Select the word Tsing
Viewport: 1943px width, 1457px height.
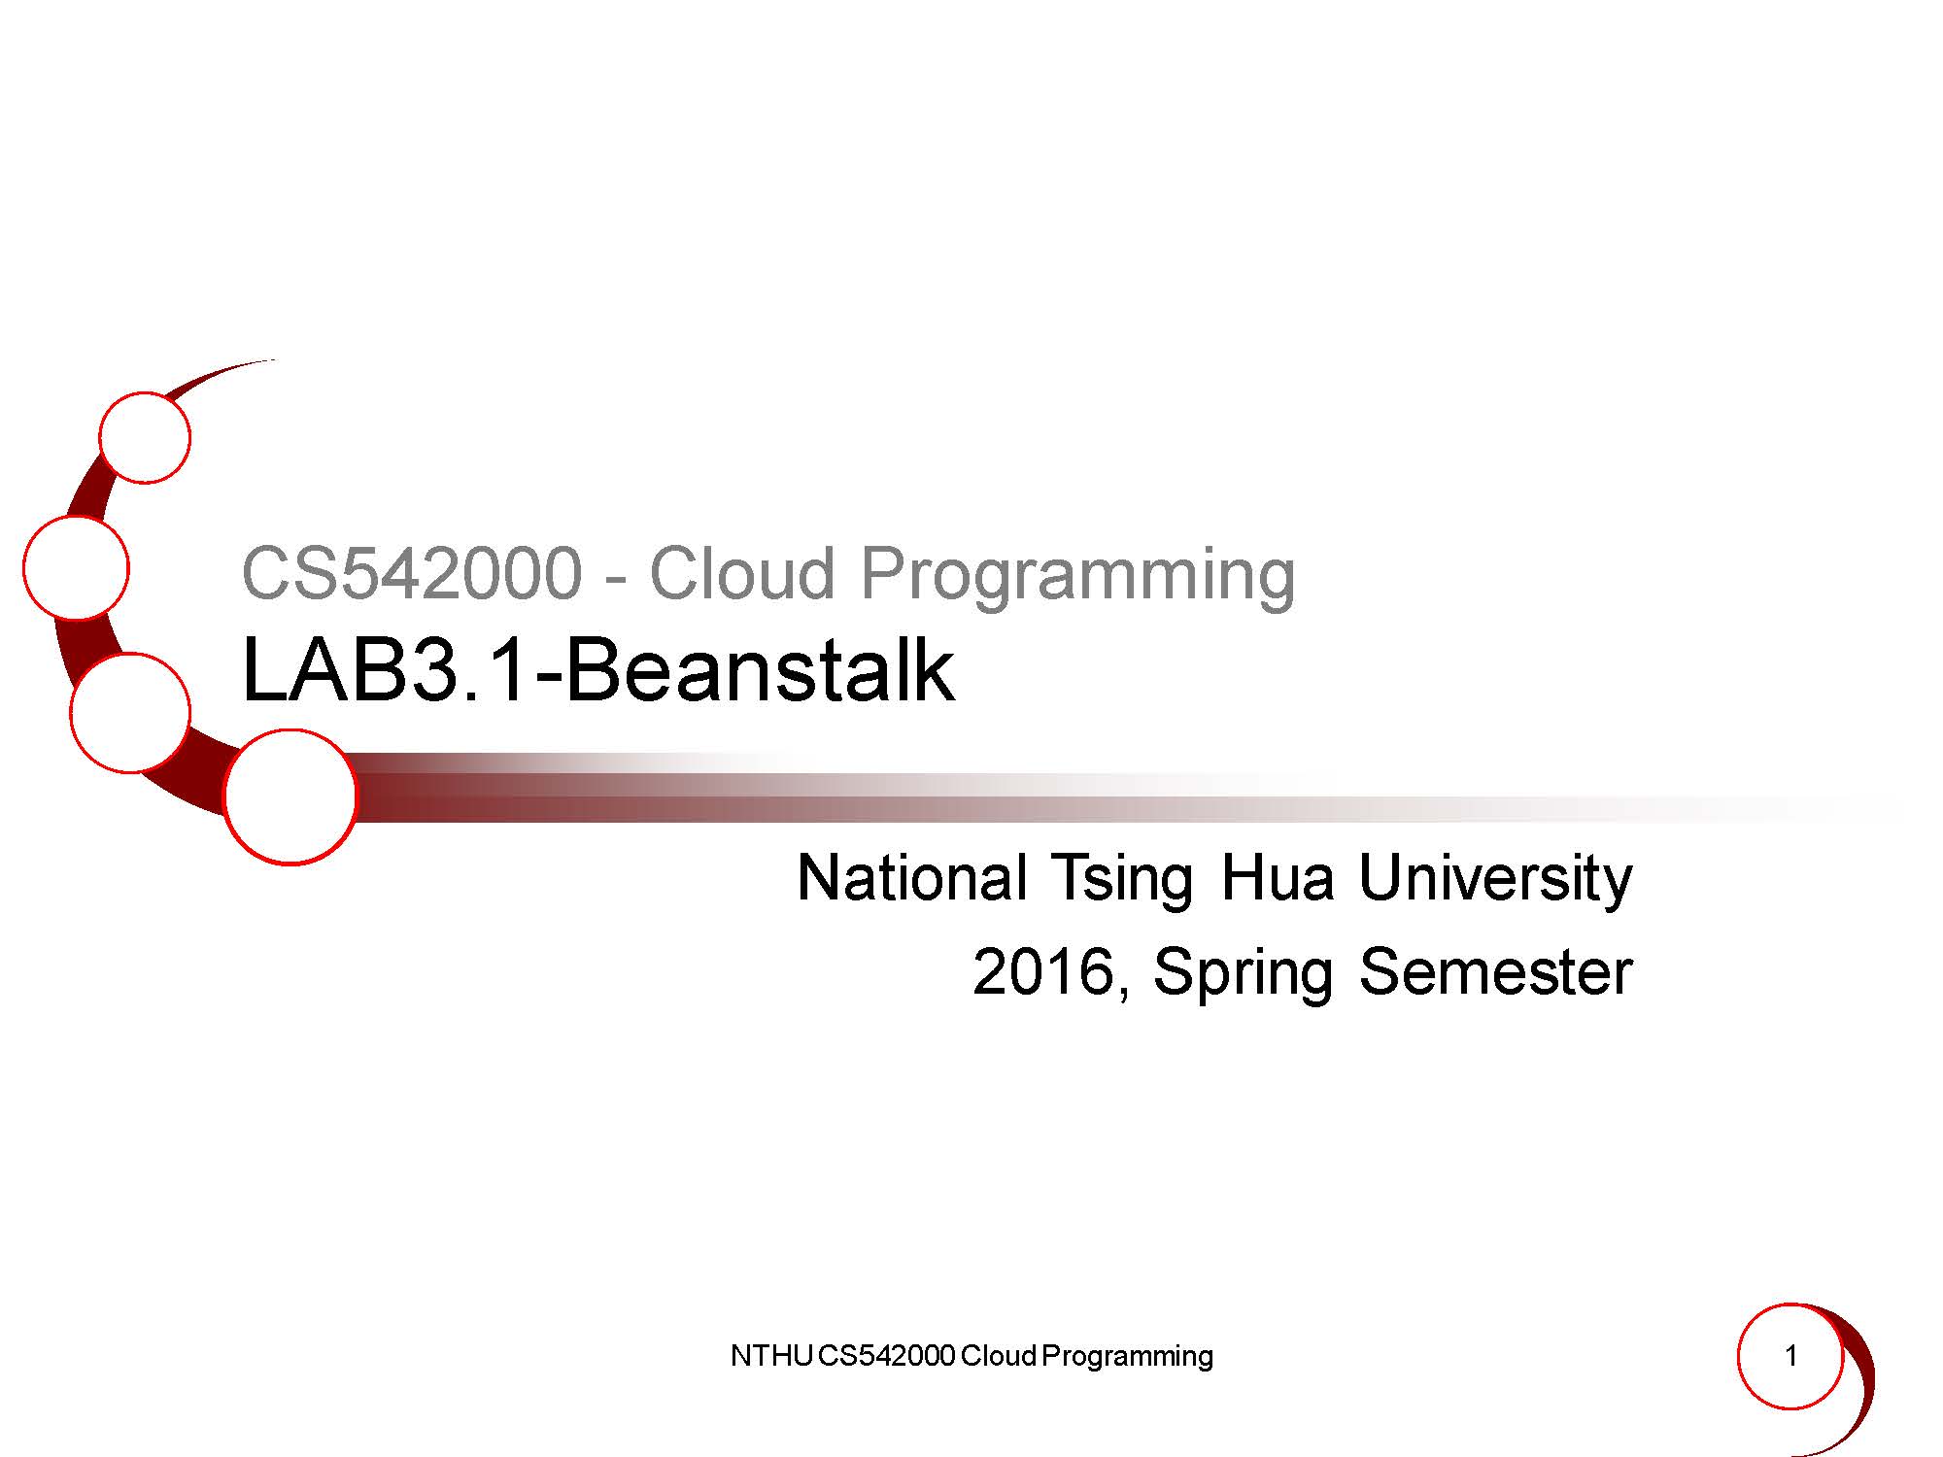[x=1121, y=880]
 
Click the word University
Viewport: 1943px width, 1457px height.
[x=1495, y=880]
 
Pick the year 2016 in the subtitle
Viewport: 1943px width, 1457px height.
[x=1042, y=971]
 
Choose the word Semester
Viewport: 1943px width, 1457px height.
[x=1495, y=971]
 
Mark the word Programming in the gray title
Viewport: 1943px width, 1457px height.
[x=1077, y=576]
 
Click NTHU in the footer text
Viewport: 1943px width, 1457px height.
[x=772, y=1356]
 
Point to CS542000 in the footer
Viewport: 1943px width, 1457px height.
[x=887, y=1356]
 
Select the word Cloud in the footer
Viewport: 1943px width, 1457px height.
[x=999, y=1356]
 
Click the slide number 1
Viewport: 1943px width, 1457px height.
[x=1791, y=1356]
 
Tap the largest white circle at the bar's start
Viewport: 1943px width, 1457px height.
[x=290, y=796]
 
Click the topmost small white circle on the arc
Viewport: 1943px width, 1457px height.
[x=145, y=438]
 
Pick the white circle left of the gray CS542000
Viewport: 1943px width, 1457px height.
[x=76, y=568]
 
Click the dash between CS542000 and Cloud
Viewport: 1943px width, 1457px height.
[x=614, y=581]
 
